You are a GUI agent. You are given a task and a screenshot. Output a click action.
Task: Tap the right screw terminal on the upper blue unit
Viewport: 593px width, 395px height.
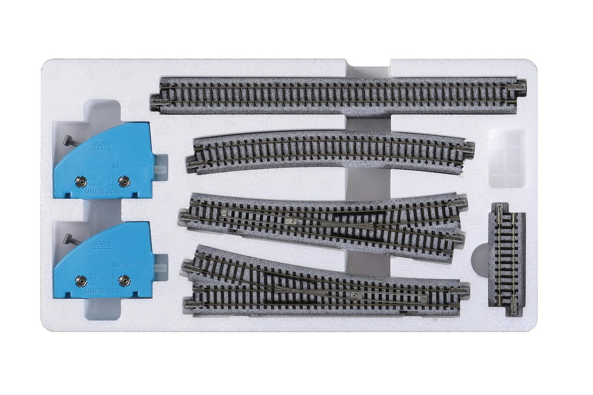[124, 181]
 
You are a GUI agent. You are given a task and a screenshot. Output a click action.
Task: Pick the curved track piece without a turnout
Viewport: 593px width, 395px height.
[330, 151]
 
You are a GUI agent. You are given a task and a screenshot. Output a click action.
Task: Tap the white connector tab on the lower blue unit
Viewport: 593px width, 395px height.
[162, 269]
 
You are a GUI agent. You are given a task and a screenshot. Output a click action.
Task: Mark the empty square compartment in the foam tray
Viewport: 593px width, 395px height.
[506, 158]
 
